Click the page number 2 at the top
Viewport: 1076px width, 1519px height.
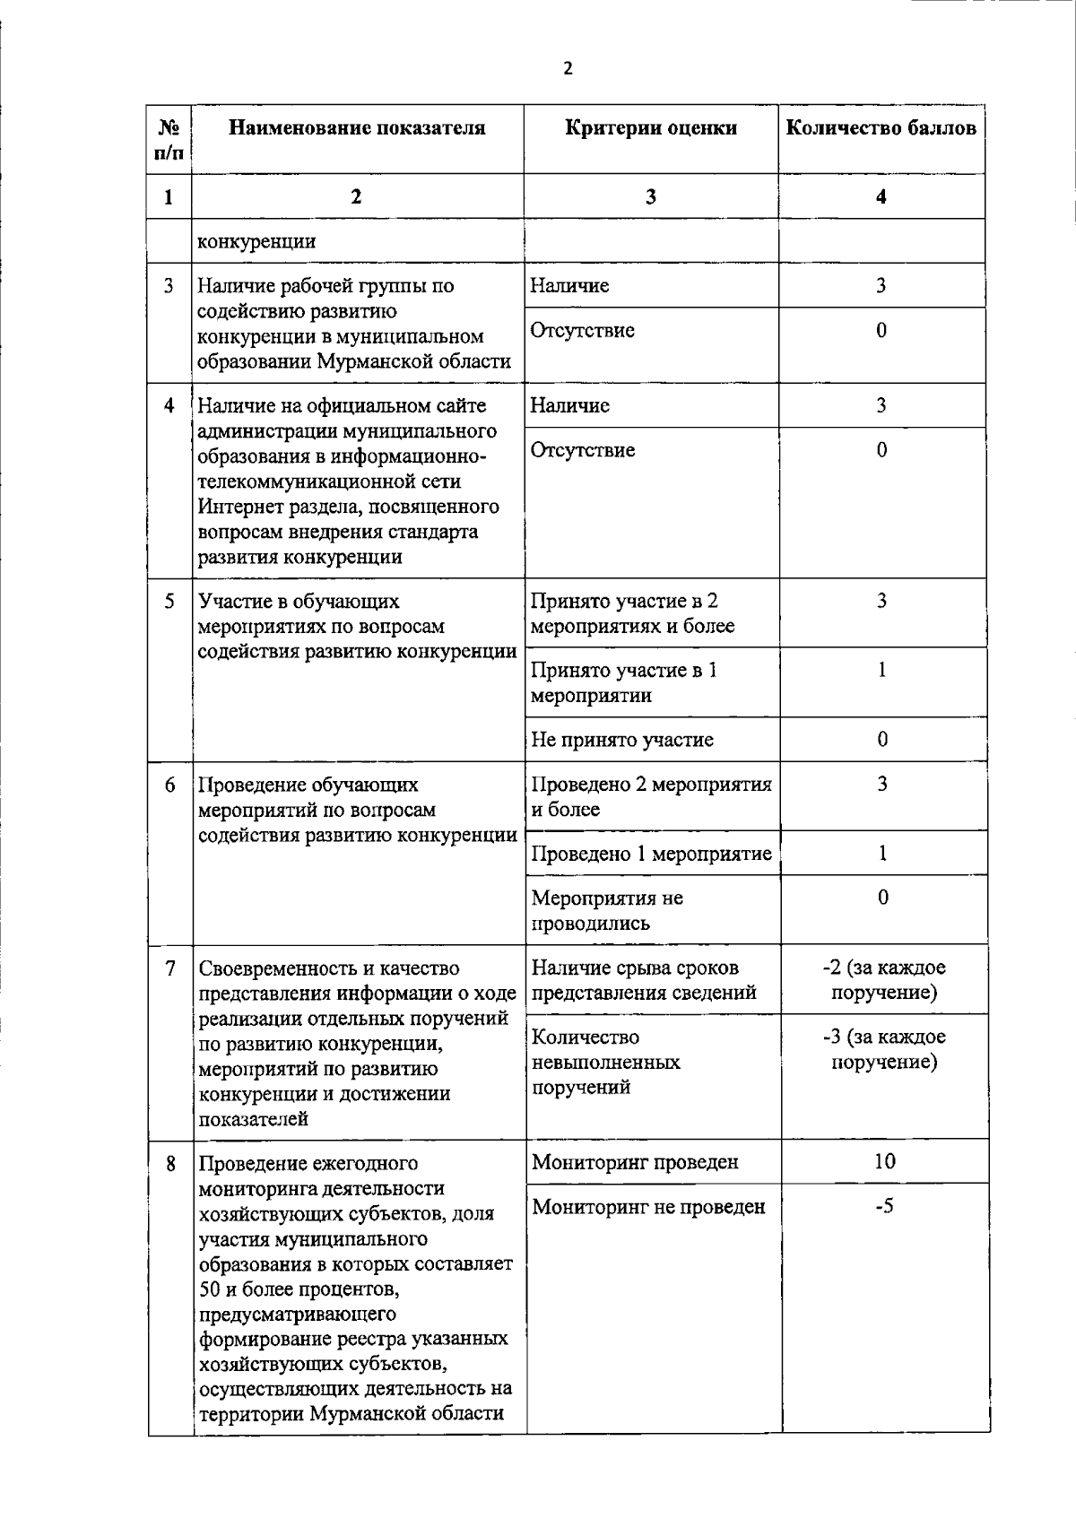point(568,68)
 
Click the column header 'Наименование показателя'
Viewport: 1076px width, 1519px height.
point(357,128)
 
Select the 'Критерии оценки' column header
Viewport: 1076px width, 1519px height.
point(651,128)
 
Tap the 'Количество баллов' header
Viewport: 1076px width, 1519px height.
point(881,128)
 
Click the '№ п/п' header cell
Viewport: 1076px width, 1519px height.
point(170,140)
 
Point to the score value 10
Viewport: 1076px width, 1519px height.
point(884,1161)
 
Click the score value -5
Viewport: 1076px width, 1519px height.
point(884,1206)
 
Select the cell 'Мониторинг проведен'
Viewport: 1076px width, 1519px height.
point(635,1163)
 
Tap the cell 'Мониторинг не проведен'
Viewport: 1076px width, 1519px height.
point(648,1207)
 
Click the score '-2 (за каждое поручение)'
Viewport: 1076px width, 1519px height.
point(884,980)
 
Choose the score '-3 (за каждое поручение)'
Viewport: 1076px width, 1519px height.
point(884,1049)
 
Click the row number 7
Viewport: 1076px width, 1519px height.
point(170,968)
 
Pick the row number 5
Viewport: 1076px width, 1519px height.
point(169,601)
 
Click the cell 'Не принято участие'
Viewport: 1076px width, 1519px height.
point(622,740)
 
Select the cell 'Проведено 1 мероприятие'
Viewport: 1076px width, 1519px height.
point(651,854)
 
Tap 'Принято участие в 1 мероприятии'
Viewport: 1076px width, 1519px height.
point(624,683)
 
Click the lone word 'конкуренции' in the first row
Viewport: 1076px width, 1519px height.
point(256,241)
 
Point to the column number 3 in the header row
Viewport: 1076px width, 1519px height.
point(650,197)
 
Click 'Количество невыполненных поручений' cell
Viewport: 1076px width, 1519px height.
point(605,1063)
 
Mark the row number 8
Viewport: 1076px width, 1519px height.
point(170,1163)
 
